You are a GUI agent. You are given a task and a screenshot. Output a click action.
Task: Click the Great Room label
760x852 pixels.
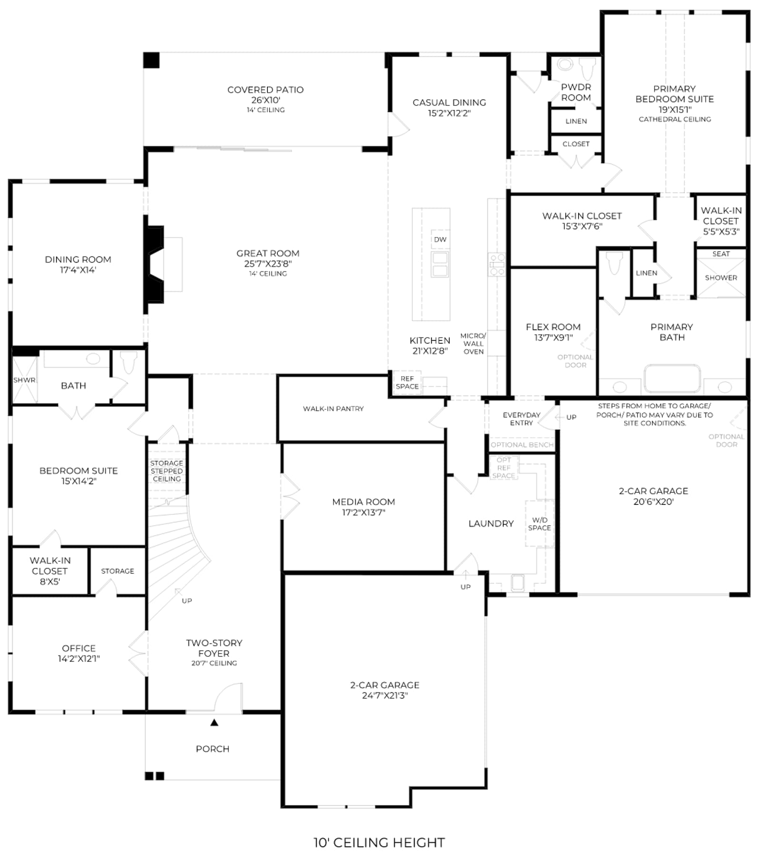point(268,253)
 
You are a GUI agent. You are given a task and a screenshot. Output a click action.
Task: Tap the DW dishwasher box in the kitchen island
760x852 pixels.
point(440,239)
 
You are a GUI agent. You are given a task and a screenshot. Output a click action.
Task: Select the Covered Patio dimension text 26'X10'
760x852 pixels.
point(266,100)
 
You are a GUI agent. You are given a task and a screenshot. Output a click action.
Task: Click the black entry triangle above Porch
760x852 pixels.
point(214,722)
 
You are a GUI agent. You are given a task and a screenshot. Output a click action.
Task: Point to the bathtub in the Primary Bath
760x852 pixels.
point(672,379)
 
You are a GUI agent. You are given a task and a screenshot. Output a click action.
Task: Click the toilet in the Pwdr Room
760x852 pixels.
point(588,69)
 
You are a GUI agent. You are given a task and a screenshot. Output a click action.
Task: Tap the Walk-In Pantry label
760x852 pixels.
point(333,408)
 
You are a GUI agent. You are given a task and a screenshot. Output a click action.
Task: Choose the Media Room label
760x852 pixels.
point(363,502)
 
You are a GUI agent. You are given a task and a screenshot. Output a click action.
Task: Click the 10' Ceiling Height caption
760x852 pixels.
point(379,842)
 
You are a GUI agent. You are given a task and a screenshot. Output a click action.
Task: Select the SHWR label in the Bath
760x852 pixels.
point(24,380)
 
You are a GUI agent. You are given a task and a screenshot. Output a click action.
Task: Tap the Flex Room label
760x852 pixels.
point(553,327)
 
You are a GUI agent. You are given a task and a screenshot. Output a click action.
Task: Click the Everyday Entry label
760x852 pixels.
point(522,419)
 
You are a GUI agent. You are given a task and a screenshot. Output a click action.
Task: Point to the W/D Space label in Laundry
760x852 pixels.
point(540,524)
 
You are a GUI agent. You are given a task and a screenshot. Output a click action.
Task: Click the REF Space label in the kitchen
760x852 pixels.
point(407,382)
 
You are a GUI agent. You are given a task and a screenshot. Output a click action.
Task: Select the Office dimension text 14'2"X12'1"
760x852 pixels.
point(79,659)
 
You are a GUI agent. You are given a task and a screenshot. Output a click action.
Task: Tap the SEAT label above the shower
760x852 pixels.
point(721,254)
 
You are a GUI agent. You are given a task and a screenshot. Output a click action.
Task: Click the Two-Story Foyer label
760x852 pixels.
point(214,648)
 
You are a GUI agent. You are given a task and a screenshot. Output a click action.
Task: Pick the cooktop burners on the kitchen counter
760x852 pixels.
point(497,265)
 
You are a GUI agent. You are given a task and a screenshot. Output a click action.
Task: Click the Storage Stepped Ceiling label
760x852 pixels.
point(167,471)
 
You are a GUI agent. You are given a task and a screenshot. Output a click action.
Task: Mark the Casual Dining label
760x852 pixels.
point(449,103)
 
